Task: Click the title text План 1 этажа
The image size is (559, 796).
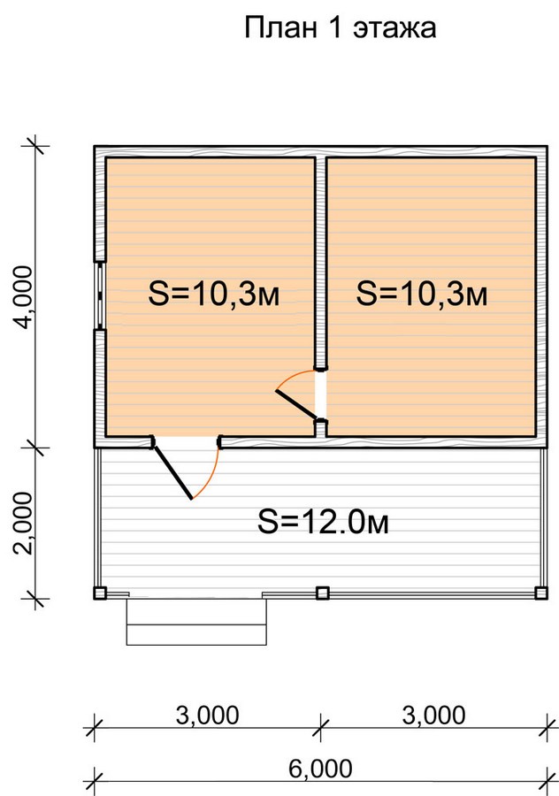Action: click(341, 27)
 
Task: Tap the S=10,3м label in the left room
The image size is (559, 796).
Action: click(214, 294)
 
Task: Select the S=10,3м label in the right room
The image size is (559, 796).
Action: click(422, 294)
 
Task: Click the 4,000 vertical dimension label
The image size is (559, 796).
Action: click(26, 297)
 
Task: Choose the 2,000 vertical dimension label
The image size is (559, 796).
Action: click(26, 523)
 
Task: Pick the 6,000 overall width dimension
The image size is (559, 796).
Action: click(320, 769)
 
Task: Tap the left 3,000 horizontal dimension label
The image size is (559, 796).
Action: click(207, 716)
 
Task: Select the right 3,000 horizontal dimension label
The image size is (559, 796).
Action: click(433, 716)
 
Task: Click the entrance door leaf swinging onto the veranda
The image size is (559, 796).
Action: click(173, 472)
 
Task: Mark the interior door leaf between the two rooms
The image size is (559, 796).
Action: click(296, 404)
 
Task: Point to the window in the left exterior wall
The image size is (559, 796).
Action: click(100, 296)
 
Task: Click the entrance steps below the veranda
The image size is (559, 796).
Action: click(196, 622)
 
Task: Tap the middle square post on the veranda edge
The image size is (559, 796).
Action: click(323, 593)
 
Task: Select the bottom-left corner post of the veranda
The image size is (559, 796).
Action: click(100, 593)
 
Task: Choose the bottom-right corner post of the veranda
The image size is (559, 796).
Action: click(541, 593)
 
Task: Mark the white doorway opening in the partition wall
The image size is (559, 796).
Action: click(320, 395)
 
